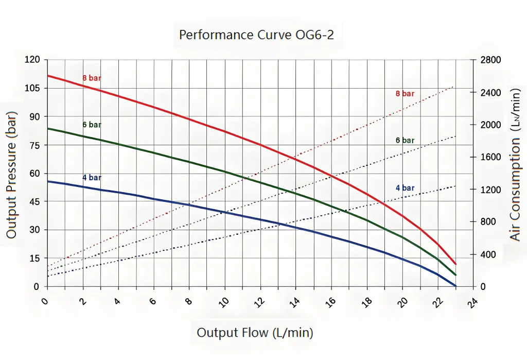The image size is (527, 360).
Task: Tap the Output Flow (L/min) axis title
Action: tap(255, 333)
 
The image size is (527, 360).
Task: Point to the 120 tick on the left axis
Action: tap(32, 60)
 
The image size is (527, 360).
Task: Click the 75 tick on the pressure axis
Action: tap(34, 145)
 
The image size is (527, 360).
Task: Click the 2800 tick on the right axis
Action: tap(490, 60)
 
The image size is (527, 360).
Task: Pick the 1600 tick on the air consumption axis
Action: tap(490, 158)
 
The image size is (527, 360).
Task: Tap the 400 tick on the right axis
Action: tap(488, 255)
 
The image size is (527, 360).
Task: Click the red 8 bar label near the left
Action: tap(92, 78)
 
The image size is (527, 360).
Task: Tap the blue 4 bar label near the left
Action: tap(92, 178)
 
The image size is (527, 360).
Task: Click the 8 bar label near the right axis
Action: tap(405, 94)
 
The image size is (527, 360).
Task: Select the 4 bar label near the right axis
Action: tap(405, 188)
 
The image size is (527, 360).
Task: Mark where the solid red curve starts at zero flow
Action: tap(48, 76)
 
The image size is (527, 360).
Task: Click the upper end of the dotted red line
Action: tap(454, 87)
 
